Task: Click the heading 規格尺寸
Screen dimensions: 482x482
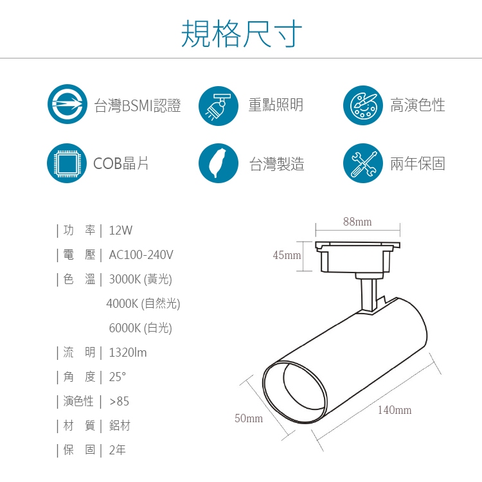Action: [241, 33]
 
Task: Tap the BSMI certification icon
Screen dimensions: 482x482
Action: [67, 104]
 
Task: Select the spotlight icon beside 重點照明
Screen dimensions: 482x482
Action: [219, 105]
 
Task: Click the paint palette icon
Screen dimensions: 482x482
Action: [363, 105]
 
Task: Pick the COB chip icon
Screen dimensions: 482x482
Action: [67, 163]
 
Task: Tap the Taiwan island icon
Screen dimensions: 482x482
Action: [219, 163]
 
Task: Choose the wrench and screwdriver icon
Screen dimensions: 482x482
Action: [363, 163]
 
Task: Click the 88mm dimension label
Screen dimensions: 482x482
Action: [357, 222]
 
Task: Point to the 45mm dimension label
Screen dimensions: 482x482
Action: [287, 255]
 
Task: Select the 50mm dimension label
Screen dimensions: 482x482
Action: [249, 418]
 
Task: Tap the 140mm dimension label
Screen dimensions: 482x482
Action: [395, 410]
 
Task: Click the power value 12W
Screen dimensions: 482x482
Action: [121, 230]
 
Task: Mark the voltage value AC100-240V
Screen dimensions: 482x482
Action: [141, 254]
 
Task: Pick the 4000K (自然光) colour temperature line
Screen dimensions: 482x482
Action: [143, 303]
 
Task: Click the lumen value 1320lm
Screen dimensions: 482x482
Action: [128, 352]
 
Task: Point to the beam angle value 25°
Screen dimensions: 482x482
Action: [118, 377]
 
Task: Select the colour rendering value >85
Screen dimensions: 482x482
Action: [120, 401]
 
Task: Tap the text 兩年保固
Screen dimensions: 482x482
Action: [418, 163]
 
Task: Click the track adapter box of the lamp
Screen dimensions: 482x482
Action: [357, 257]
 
